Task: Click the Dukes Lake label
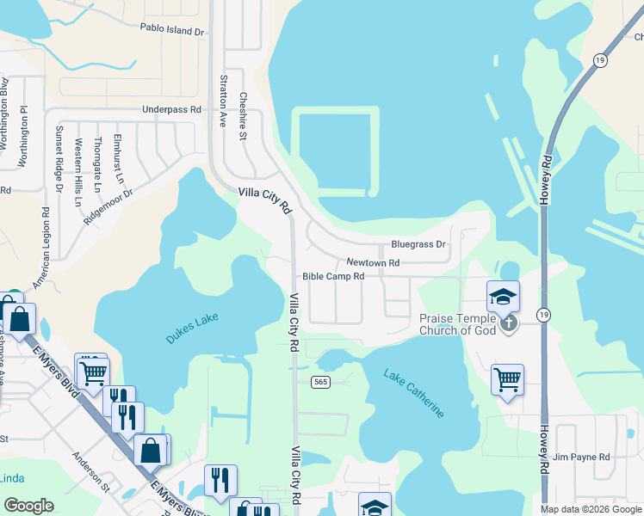[193, 329]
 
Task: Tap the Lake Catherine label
[414, 393]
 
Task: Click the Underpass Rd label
[171, 110]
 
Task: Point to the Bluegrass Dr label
[418, 244]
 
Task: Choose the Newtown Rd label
[373, 262]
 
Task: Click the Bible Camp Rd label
[333, 277]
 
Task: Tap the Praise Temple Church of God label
[457, 324]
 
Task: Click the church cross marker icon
[509, 323]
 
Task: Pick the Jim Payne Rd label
[582, 457]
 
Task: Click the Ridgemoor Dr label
[109, 206]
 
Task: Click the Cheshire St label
[244, 110]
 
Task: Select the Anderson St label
[91, 473]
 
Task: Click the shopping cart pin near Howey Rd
[507, 379]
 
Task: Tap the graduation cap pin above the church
[504, 298]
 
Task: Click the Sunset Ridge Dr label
[59, 159]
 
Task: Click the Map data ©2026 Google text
[591, 509]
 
